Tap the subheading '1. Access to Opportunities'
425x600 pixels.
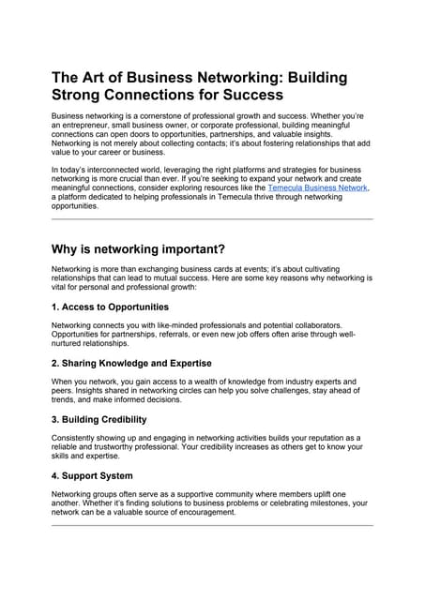(x=110, y=307)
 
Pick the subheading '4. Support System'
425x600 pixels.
(x=92, y=475)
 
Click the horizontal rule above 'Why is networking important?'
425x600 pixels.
(x=212, y=218)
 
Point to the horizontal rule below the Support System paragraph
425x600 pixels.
(x=212, y=525)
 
